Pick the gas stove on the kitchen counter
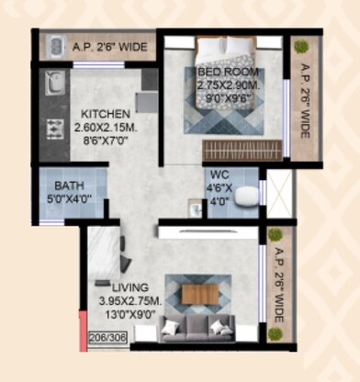(53, 129)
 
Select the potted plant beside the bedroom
(299, 48)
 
